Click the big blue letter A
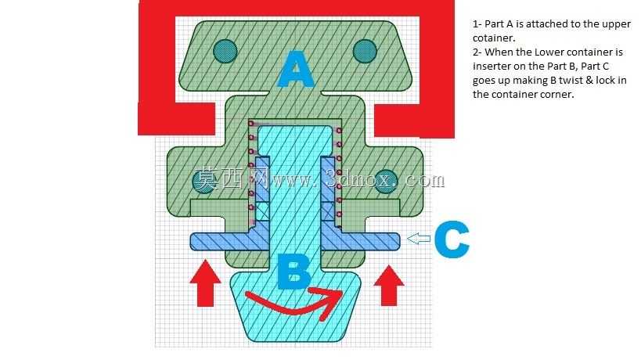click(x=296, y=70)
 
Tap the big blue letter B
click(x=293, y=272)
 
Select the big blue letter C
click(x=452, y=239)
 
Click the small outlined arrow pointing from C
click(x=419, y=239)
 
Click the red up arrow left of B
click(x=205, y=283)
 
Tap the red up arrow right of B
click(x=389, y=285)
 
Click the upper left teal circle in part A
click(x=225, y=52)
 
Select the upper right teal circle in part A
click(x=365, y=52)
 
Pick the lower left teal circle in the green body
click(x=203, y=181)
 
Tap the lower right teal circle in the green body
click(x=386, y=181)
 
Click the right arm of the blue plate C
click(x=361, y=242)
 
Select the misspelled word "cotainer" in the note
click(x=492, y=38)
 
